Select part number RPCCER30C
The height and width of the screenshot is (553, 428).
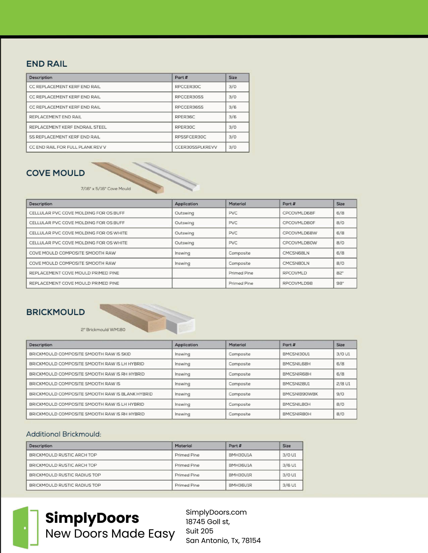[188, 87]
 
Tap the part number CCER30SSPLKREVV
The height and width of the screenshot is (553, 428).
[196, 147]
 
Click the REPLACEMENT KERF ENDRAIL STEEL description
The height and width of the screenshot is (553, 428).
[68, 127]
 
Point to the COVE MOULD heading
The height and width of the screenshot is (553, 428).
[56, 173]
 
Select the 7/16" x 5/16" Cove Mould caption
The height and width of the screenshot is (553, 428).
[106, 189]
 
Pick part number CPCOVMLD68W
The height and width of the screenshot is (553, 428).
[300, 233]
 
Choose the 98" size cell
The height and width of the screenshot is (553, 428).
[340, 283]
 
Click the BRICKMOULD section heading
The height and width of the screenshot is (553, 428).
[56, 312]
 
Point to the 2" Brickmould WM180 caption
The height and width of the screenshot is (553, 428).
[103, 330]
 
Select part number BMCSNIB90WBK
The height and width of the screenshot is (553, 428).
[300, 394]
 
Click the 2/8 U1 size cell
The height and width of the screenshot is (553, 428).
[343, 384]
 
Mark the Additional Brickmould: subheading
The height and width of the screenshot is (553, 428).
[64, 434]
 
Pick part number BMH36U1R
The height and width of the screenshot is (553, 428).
[240, 485]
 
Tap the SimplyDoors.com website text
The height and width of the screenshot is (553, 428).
[216, 512]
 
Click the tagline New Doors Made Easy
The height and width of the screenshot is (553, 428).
[110, 534]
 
